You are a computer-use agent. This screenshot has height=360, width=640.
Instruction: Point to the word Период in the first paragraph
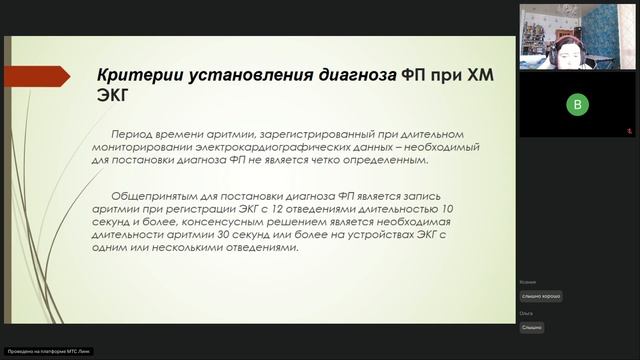point(136,134)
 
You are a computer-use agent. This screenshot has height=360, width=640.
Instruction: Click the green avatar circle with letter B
point(577,104)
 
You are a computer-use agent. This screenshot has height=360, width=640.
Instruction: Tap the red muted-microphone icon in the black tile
point(630,129)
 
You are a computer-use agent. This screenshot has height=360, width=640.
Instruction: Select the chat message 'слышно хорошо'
point(541,296)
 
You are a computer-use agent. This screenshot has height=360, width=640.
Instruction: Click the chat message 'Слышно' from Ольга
point(531,327)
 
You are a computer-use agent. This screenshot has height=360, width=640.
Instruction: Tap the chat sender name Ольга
point(526,314)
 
